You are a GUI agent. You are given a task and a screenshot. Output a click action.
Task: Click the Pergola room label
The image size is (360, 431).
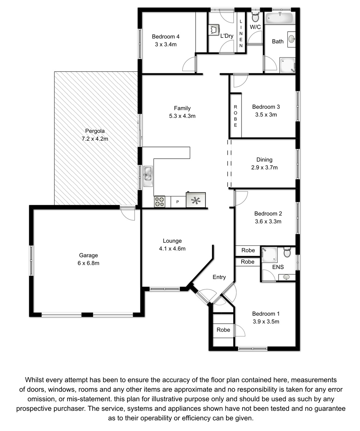95,131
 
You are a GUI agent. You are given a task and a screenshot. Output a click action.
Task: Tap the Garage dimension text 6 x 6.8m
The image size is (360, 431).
88,263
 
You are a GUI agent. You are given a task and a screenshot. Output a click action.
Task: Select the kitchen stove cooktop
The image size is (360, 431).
159,201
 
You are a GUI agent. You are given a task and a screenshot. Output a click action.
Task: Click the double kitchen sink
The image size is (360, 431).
148,176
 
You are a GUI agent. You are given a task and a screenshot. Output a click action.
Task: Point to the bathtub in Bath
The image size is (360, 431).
279,18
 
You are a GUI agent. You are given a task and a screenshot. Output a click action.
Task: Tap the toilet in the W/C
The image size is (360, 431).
255,17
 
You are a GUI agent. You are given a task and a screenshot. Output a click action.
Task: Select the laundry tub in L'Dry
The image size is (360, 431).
214,30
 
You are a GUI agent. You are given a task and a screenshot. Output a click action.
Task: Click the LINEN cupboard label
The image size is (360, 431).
241,33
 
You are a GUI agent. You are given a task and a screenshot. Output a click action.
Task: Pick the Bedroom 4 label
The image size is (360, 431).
166,37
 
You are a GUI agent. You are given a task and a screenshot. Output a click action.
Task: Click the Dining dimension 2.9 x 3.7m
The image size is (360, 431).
264,167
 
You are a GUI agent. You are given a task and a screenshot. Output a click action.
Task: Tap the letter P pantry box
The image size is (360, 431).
178,201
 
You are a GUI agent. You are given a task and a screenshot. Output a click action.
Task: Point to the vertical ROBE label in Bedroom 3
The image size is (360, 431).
235,116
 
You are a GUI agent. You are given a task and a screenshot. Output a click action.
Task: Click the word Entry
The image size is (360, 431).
219,277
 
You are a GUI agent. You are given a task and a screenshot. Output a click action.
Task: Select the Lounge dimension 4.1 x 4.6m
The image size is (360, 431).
172,249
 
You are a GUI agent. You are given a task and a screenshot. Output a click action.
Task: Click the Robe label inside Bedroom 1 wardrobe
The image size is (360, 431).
223,330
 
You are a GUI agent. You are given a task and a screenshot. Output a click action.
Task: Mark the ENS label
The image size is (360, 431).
278,267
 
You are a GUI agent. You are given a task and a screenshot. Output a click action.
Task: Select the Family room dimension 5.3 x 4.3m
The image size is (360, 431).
182,116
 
